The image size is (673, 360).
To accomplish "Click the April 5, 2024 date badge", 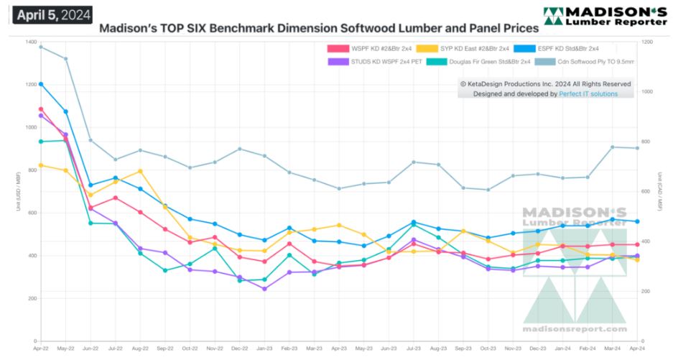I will click(x=51, y=14).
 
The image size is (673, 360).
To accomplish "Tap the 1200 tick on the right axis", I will click(x=648, y=42).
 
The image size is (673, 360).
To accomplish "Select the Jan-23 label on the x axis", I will click(x=264, y=348).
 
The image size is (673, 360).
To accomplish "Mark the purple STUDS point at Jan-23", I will click(x=264, y=289).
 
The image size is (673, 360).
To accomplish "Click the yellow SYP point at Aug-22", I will click(x=140, y=171).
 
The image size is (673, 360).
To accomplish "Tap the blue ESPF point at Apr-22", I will click(x=41, y=84).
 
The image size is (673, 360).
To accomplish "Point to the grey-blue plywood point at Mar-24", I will click(x=613, y=147).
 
